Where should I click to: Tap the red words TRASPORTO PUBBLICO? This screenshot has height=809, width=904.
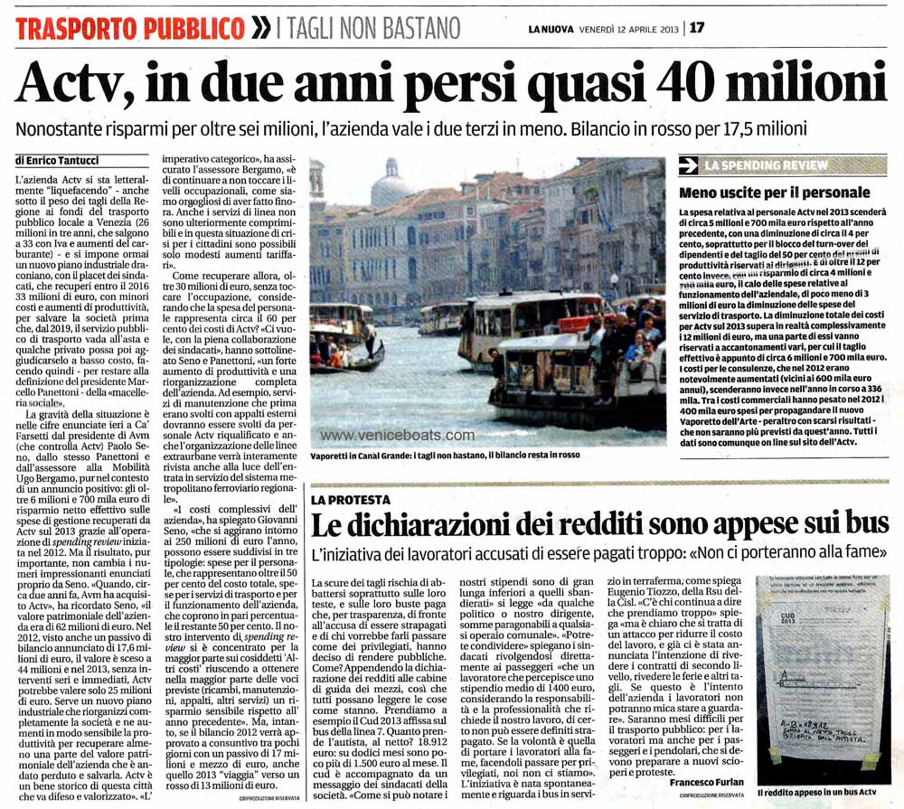129,26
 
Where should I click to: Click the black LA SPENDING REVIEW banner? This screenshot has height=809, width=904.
773,165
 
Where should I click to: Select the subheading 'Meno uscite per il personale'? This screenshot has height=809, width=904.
775,193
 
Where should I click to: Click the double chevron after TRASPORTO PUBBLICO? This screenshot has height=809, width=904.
260,26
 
